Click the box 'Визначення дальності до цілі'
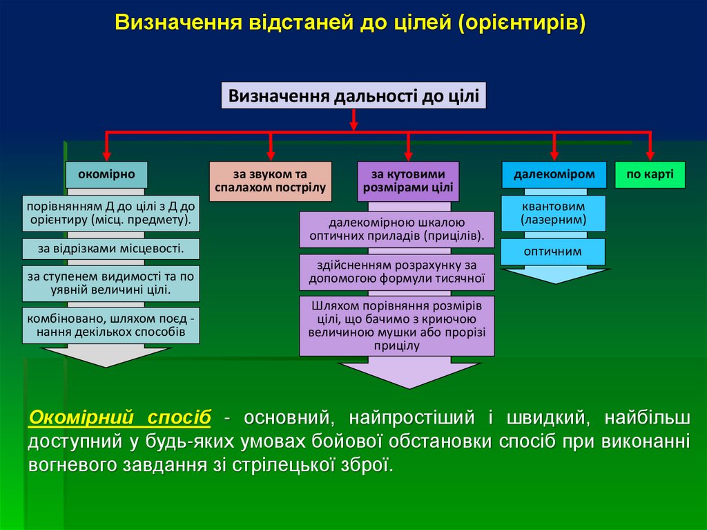(353, 95)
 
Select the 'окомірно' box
(106, 174)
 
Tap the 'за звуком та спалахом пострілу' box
(271, 181)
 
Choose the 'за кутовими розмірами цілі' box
(408, 181)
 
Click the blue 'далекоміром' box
(554, 174)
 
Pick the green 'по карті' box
(650, 174)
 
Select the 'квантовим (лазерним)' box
(554, 214)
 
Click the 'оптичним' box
(554, 252)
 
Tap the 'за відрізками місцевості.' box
(110, 249)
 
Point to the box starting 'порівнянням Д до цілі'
(110, 214)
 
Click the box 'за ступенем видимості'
(110, 283)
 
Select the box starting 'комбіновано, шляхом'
(110, 325)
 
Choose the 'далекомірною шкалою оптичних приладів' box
(397, 229)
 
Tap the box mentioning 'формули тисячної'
(397, 272)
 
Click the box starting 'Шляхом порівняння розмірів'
(397, 325)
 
